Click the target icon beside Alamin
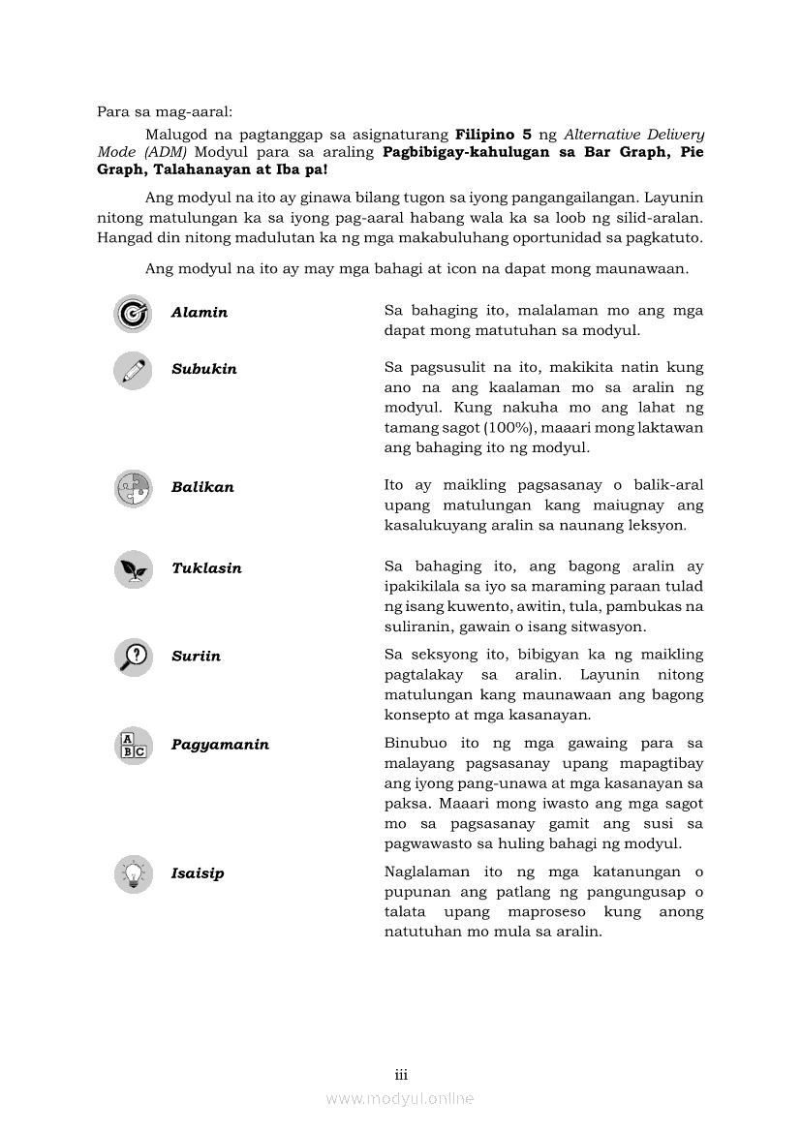point(133,313)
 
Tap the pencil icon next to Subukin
point(133,370)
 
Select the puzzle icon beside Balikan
point(133,488)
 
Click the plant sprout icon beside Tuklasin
point(133,569)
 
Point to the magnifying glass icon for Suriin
point(133,658)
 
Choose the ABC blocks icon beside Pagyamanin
point(133,746)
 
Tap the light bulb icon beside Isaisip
point(133,874)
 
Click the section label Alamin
point(200,313)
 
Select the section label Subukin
point(204,369)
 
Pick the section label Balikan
point(202,487)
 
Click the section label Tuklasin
point(206,568)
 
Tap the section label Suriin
point(196,657)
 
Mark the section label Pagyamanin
point(220,745)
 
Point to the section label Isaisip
point(198,873)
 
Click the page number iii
point(401,1075)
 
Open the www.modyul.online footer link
point(400,1099)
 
